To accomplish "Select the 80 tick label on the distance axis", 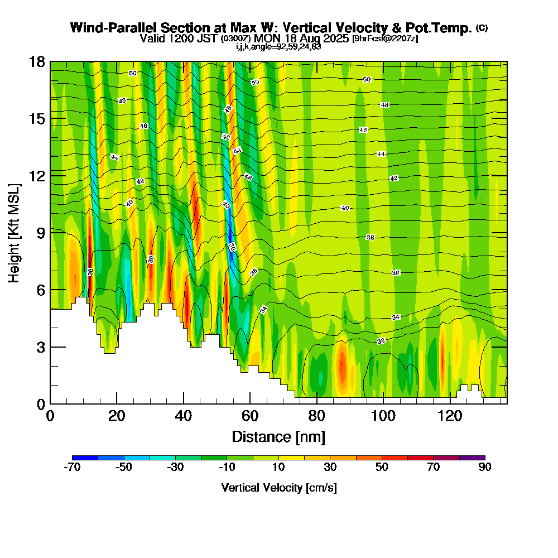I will point(316,416).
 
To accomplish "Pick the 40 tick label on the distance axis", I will point(184,416).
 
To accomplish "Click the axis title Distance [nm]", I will point(278,436).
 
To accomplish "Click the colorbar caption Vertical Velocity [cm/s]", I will point(279,488).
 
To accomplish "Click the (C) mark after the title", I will point(482,28).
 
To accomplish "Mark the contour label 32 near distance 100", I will point(381,341).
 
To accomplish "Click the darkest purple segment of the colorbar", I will point(472,458).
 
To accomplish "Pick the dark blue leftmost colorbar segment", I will point(85,458).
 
